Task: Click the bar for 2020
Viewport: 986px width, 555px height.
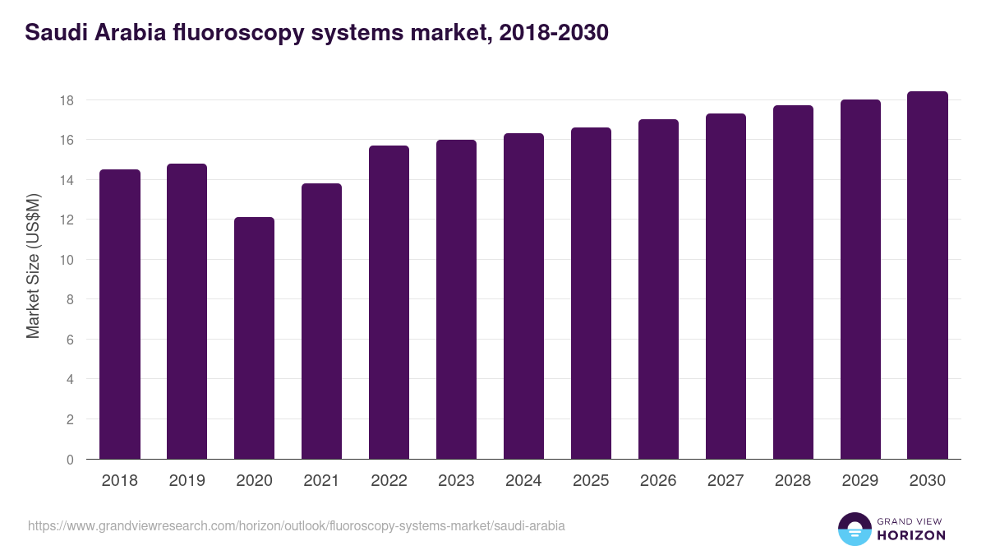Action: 254,338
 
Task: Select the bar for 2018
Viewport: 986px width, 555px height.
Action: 120,314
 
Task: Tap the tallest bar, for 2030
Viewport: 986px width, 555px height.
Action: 928,275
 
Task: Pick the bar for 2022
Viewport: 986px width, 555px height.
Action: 389,303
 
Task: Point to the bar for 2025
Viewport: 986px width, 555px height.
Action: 591,294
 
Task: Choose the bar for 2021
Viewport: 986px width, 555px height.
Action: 321,321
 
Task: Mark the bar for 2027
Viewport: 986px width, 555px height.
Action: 726,286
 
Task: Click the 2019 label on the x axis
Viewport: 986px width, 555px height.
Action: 187,481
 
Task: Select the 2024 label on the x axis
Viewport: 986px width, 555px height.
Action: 523,481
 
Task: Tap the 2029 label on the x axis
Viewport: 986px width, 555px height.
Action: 860,481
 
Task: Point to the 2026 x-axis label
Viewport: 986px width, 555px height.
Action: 658,481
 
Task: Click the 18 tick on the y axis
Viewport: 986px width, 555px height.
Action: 67,100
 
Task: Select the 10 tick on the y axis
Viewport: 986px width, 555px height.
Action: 67,260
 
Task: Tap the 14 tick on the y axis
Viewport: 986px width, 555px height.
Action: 67,180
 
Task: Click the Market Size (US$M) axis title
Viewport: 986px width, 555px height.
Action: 34,266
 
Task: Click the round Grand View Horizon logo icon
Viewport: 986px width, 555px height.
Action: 854,530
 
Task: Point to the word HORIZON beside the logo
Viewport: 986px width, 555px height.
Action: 911,535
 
